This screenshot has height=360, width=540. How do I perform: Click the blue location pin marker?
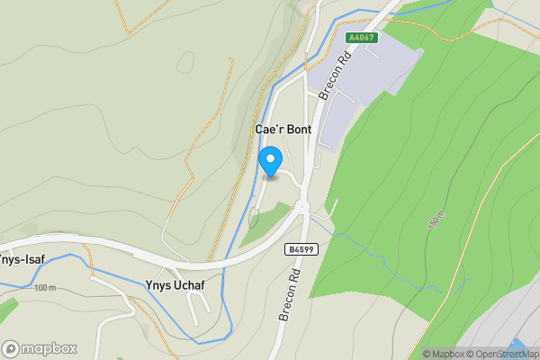[x=268, y=162]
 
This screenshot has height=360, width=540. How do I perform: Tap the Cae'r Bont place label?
[x=283, y=130]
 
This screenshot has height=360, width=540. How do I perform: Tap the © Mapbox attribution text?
[x=442, y=354]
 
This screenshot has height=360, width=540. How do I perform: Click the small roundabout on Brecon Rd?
[x=301, y=207]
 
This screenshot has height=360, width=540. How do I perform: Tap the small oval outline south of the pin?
[x=253, y=217]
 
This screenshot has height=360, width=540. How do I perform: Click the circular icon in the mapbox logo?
[x=11, y=348]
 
